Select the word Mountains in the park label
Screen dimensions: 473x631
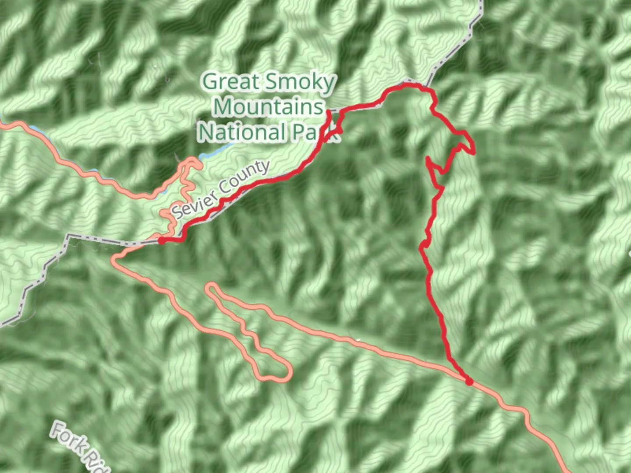[269, 107]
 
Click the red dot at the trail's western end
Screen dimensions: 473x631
[162, 240]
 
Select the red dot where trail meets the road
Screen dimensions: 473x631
[469, 381]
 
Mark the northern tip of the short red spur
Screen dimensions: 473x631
[329, 112]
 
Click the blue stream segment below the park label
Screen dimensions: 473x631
[215, 151]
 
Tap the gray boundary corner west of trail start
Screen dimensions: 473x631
[68, 237]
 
